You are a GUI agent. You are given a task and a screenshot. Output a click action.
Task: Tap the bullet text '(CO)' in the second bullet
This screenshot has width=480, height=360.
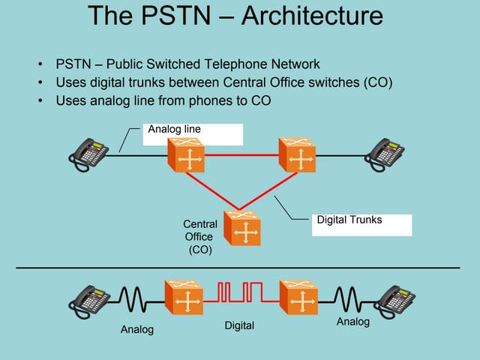(x=379, y=82)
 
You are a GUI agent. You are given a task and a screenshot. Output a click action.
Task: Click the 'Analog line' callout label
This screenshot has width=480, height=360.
(x=175, y=130)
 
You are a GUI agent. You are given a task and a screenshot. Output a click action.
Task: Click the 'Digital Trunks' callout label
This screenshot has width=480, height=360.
(x=349, y=220)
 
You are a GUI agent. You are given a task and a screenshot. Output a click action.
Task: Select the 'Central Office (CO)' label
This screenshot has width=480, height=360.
(x=200, y=237)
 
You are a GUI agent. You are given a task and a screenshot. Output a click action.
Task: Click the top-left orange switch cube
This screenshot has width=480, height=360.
(x=185, y=156)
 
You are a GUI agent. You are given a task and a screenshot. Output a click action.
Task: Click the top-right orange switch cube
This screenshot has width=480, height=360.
(x=299, y=156)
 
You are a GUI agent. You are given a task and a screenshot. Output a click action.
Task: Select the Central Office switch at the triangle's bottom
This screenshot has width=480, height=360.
(x=243, y=229)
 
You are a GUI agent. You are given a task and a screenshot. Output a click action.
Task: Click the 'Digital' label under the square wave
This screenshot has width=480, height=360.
(x=240, y=325)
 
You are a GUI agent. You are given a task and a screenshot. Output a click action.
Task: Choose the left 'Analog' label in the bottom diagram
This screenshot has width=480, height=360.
(x=137, y=330)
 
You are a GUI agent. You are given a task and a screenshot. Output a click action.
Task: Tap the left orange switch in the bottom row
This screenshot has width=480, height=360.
(x=185, y=298)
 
